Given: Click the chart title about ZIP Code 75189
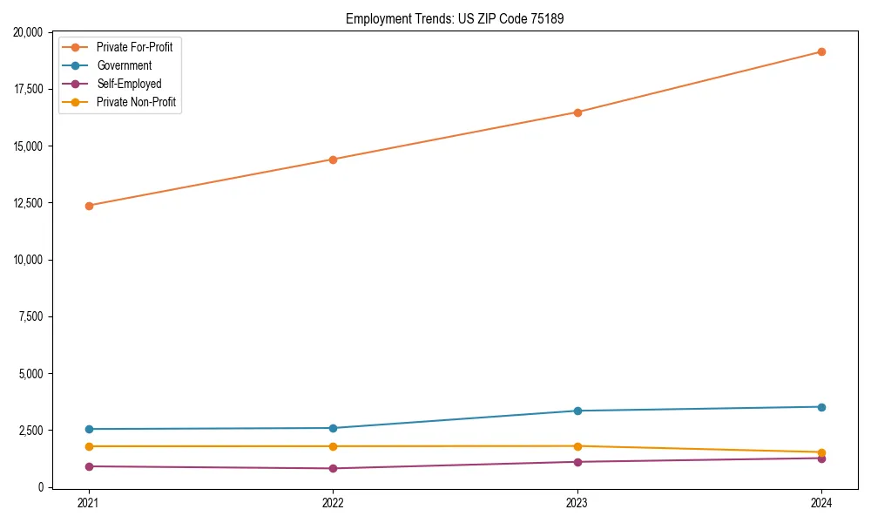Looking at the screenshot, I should coord(455,18).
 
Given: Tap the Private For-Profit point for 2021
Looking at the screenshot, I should coord(88,206).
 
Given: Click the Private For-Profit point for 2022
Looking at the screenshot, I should coord(333,160).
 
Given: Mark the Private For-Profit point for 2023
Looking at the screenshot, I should coord(577,112).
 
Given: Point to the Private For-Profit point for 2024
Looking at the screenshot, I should coord(821,51).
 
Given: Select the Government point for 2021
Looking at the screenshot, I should coord(88,429).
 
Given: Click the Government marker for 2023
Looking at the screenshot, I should coord(577,411).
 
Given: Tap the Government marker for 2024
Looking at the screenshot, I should coord(821,407).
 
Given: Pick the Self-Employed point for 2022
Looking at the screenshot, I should coord(333,468).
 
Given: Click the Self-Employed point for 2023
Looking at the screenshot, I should coord(577,462).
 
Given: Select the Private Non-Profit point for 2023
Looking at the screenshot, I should coord(577,446).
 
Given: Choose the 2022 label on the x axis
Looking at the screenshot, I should coord(333,503).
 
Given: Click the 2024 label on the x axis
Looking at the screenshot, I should coord(821,503).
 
